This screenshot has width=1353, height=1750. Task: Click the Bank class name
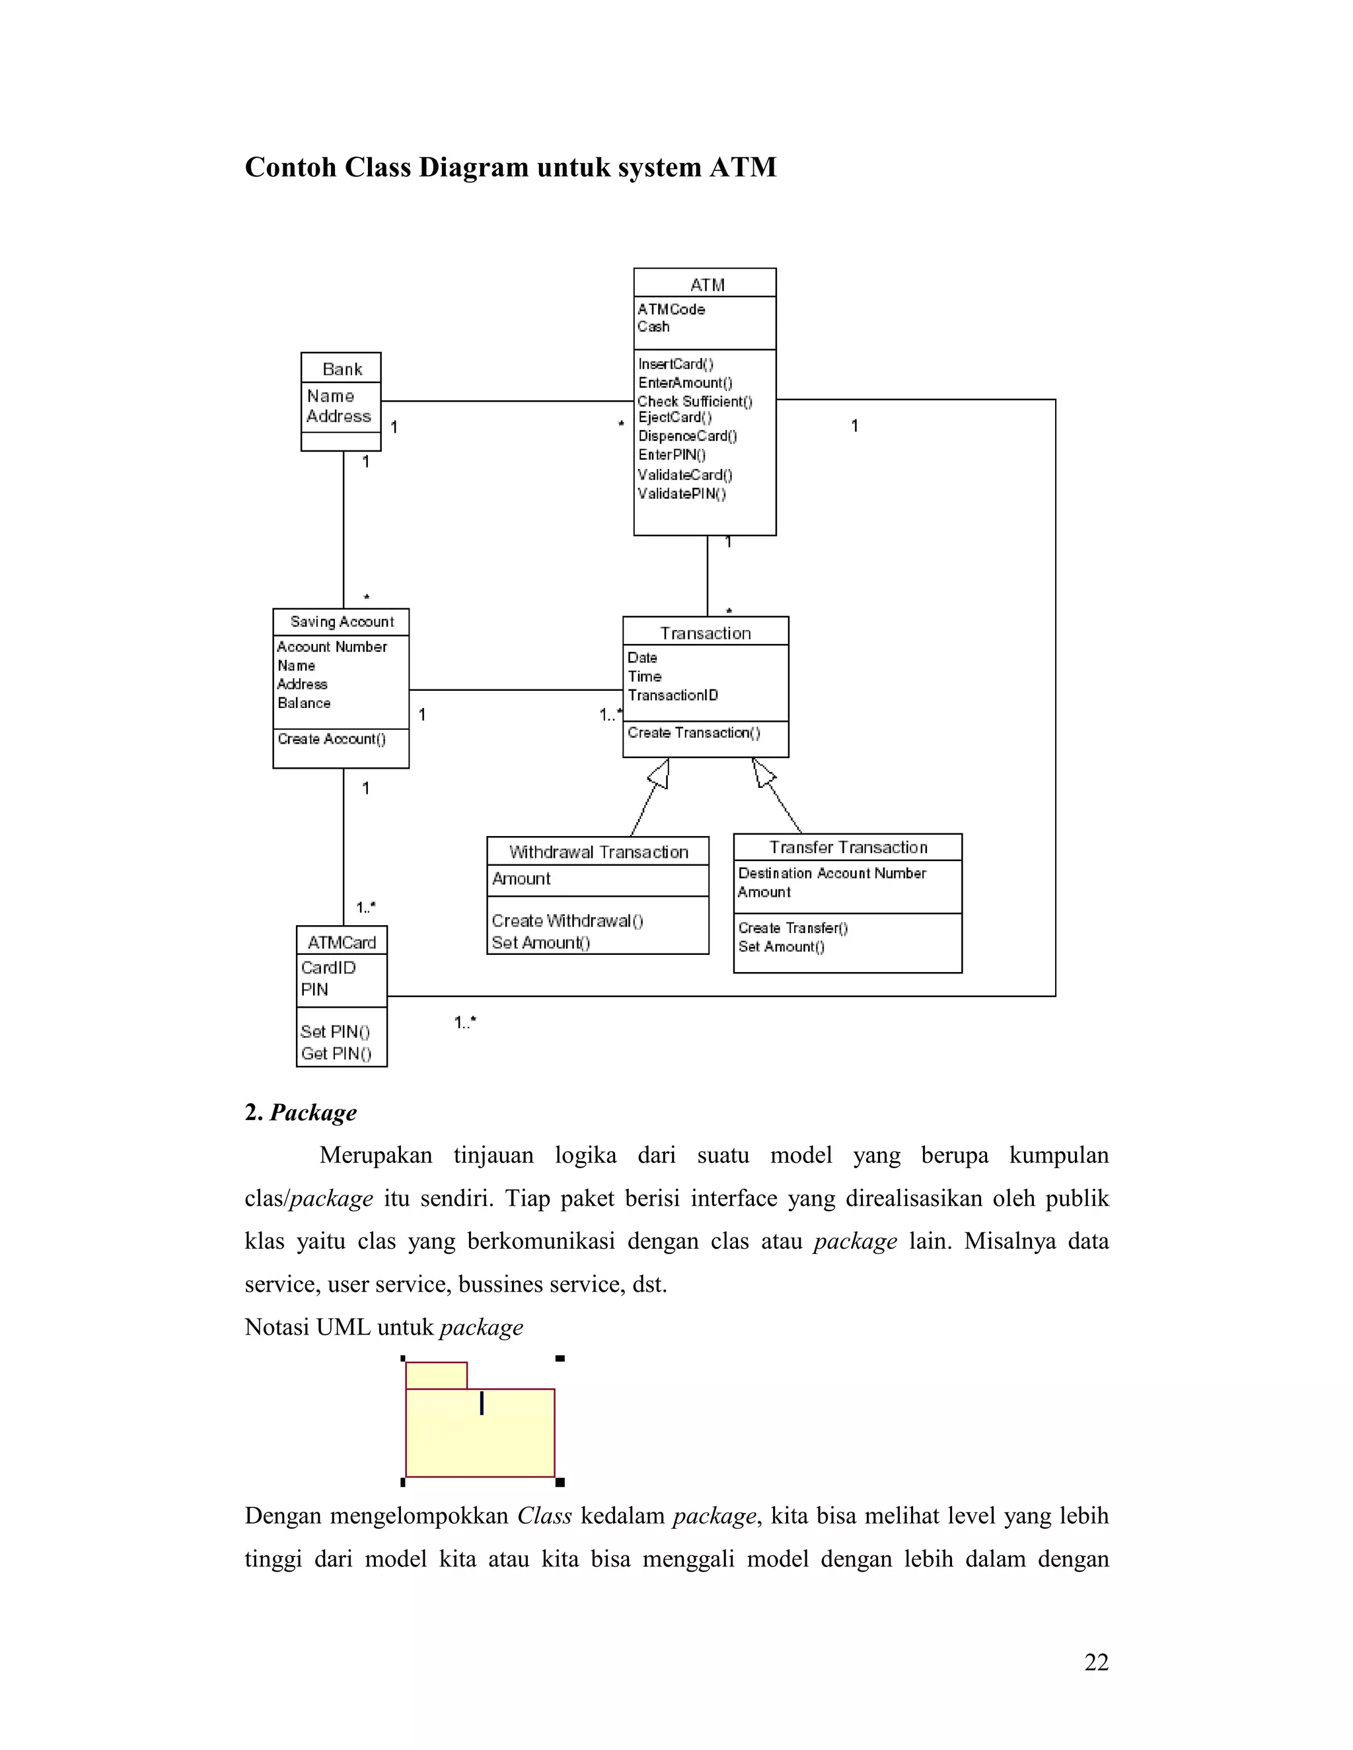[342, 369]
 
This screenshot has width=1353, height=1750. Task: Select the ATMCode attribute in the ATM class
[671, 309]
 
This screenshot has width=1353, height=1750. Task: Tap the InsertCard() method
[675, 364]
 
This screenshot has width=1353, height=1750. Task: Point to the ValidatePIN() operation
[681, 493]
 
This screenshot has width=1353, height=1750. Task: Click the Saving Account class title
[342, 622]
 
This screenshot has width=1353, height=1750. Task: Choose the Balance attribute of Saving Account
[304, 703]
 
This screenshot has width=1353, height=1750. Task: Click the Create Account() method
[331, 739]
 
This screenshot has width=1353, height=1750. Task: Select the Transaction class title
[706, 633]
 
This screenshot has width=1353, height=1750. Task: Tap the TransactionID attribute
[673, 695]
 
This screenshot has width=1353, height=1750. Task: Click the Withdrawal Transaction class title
[599, 852]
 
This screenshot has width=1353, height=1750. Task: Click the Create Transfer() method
[793, 928]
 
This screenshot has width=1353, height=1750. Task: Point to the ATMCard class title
[342, 942]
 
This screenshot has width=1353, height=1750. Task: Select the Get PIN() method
[336, 1054]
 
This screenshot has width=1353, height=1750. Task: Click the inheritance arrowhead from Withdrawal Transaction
[660, 773]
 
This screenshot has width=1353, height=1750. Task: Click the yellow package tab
[436, 1375]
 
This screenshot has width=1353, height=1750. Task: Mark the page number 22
[1096, 1663]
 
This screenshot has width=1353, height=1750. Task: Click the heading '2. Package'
[301, 1112]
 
